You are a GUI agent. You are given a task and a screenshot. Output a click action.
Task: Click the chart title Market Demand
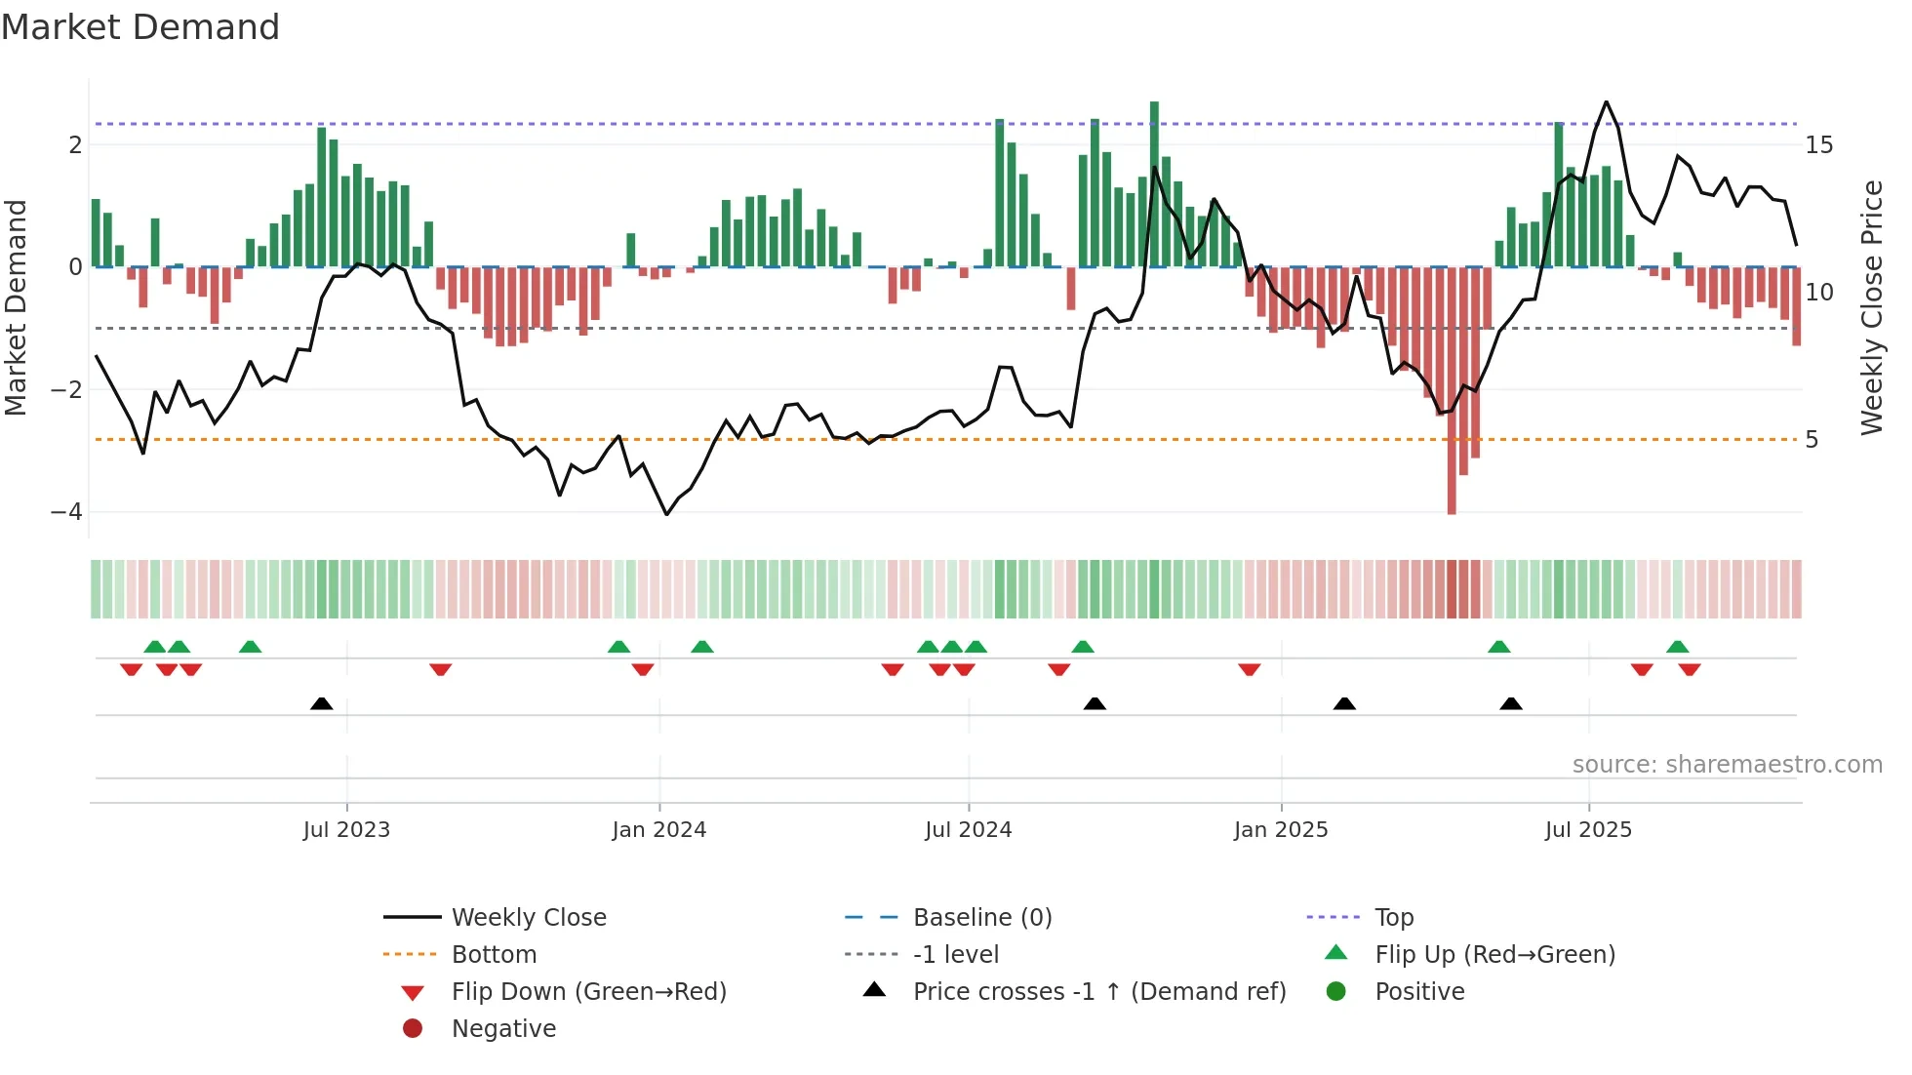pyautogui.click(x=140, y=27)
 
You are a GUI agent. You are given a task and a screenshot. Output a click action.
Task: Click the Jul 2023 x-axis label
pyautogui.click(x=346, y=830)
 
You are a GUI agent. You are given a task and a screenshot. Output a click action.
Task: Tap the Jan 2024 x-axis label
pyautogui.click(x=658, y=830)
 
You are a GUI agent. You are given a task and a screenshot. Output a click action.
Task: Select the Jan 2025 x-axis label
pyautogui.click(x=1280, y=830)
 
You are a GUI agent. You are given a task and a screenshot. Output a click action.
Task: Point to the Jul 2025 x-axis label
pyautogui.click(x=1587, y=830)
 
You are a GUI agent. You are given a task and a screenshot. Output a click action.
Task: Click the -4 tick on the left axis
pyautogui.click(x=66, y=512)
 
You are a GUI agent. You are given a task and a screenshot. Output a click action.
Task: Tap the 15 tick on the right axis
pyautogui.click(x=1818, y=145)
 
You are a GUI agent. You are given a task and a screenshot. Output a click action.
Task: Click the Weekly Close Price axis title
pyautogui.click(x=1871, y=307)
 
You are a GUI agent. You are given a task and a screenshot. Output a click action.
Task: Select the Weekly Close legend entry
pyautogui.click(x=528, y=918)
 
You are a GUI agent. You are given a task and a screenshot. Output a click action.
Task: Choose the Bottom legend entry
pyautogui.click(x=494, y=955)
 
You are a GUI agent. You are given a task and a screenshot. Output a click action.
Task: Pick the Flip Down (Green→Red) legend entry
pyautogui.click(x=588, y=992)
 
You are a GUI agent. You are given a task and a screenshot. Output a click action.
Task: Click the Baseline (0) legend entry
pyautogui.click(x=981, y=918)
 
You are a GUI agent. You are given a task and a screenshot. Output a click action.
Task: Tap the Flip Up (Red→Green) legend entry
pyautogui.click(x=1494, y=955)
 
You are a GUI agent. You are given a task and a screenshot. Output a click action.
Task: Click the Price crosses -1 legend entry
pyautogui.click(x=1098, y=992)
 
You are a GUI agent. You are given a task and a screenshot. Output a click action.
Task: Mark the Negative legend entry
pyautogui.click(x=503, y=1029)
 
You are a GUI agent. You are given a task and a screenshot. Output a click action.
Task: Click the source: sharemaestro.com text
pyautogui.click(x=1727, y=765)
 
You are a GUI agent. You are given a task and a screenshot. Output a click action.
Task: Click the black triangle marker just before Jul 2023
pyautogui.click(x=321, y=703)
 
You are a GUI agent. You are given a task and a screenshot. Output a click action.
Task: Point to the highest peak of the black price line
pyautogui.click(x=1606, y=102)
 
